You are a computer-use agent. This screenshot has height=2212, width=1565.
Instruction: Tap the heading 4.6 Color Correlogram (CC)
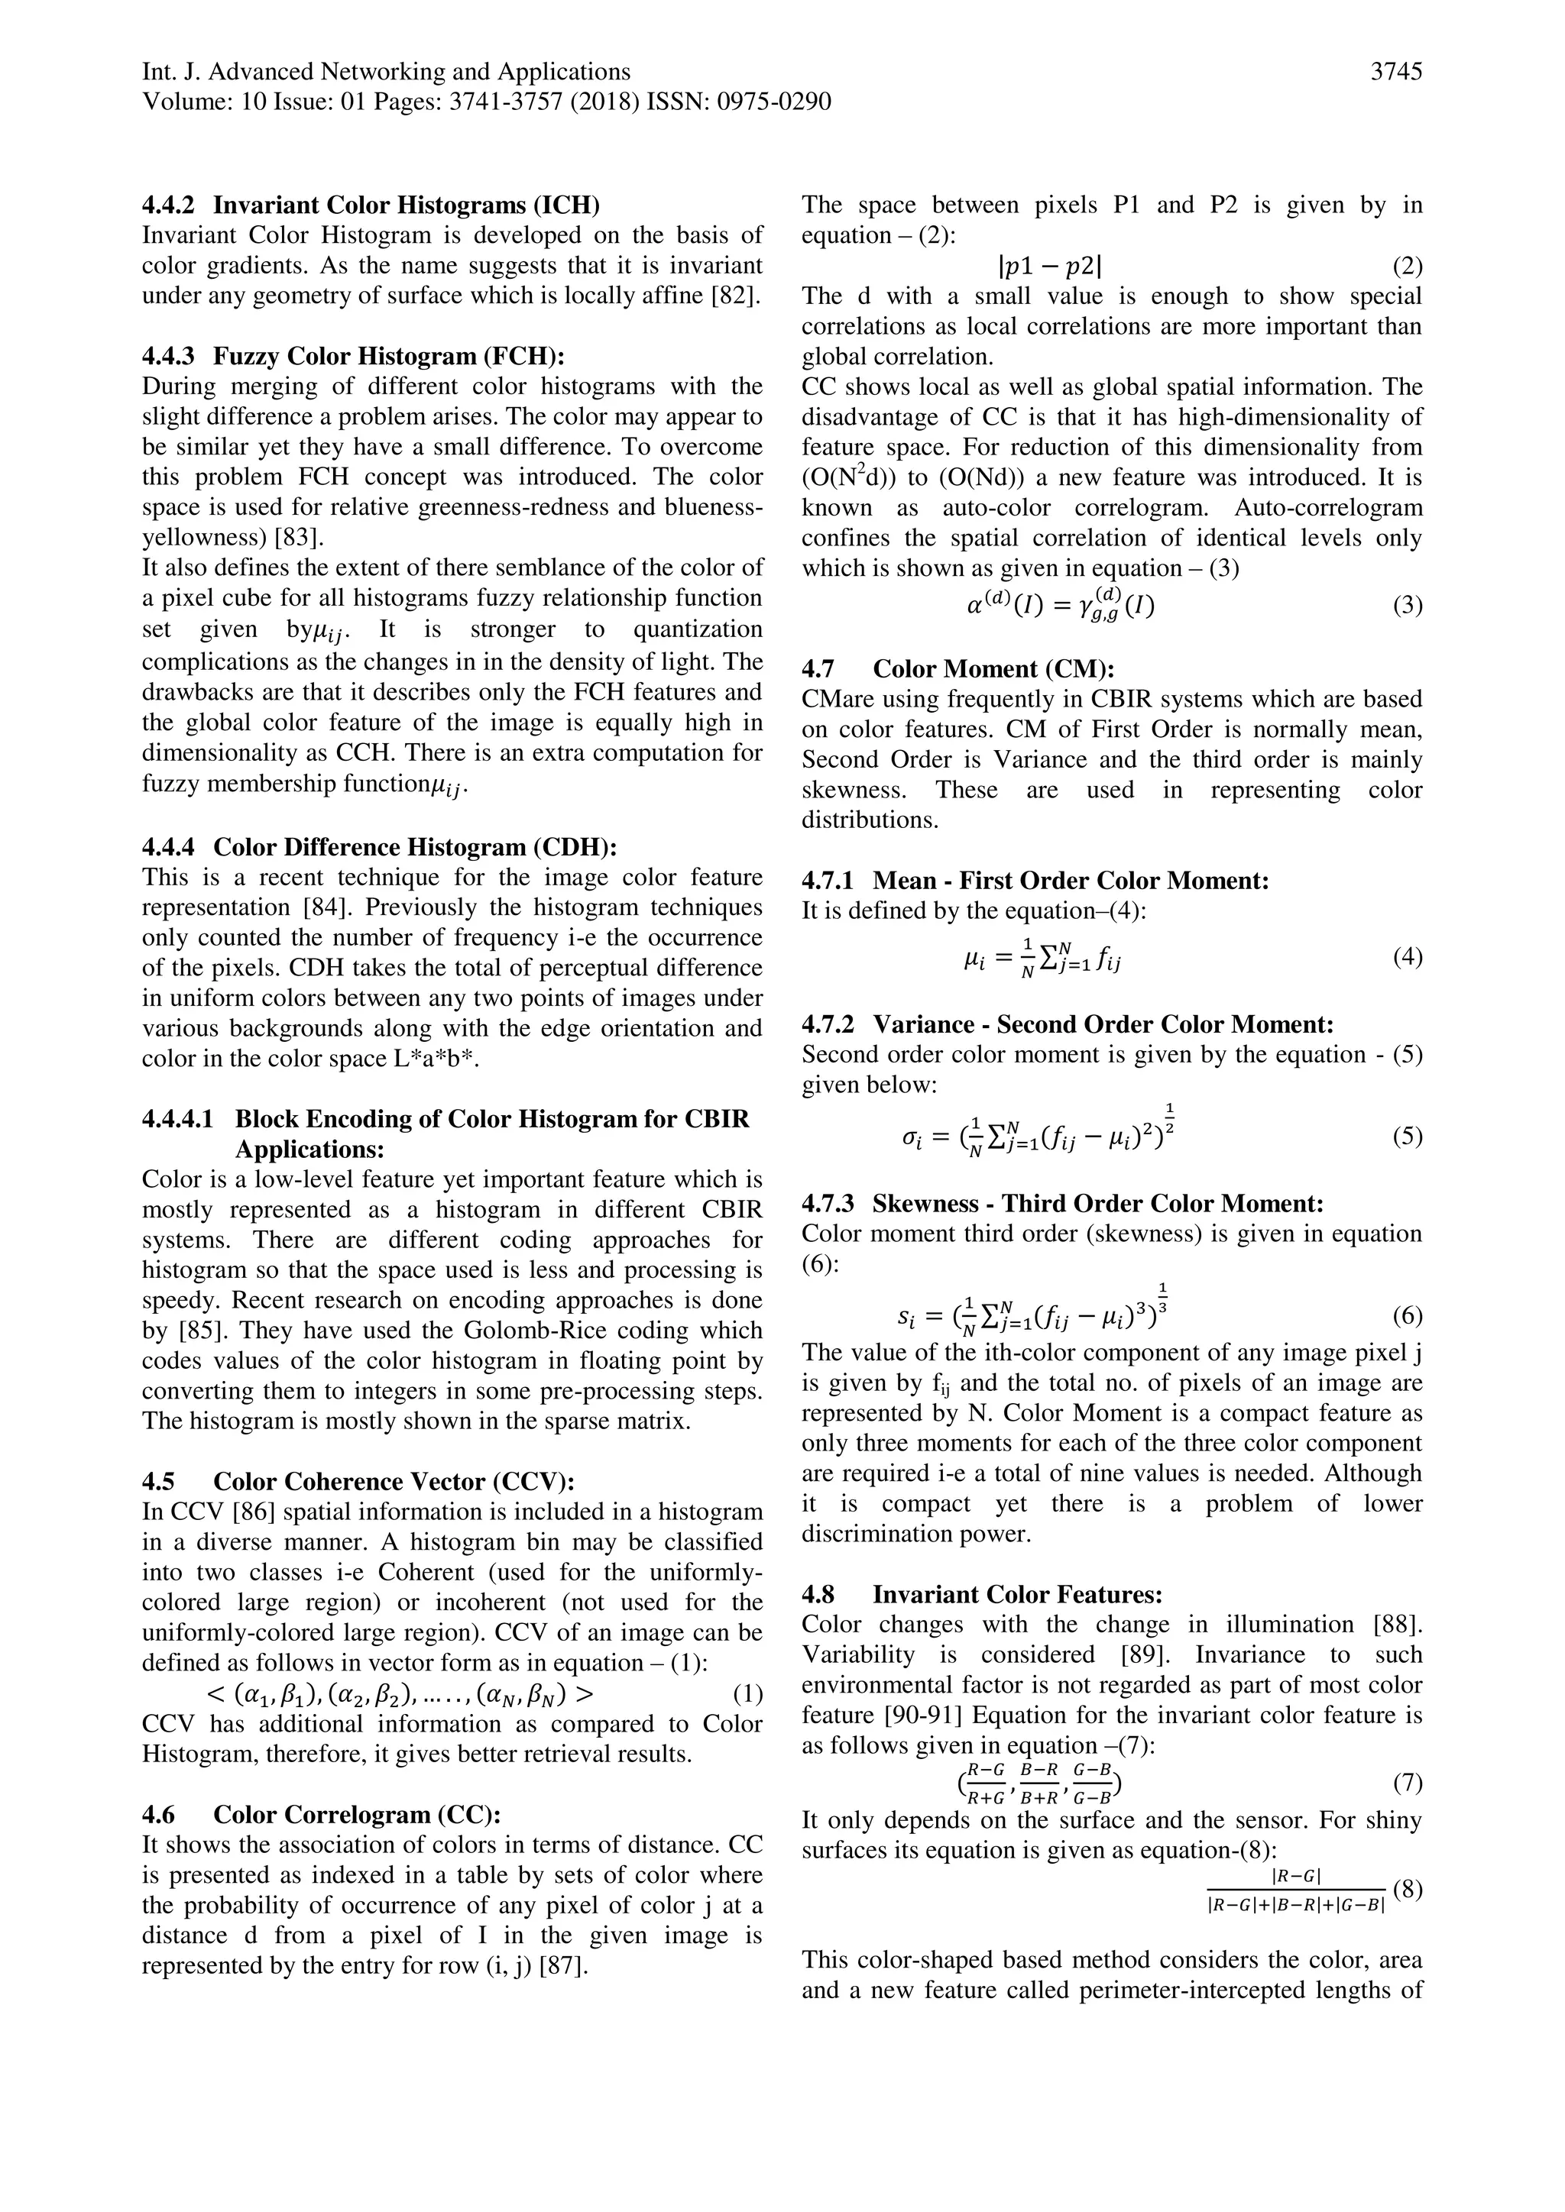pos(322,1814)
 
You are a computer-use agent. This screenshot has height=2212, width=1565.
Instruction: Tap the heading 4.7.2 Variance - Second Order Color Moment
pos(1068,1024)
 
